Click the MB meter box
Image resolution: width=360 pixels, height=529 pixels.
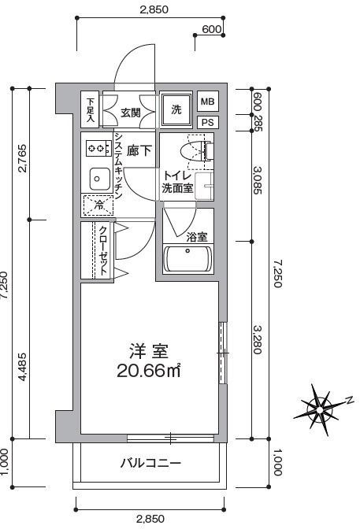[208, 102]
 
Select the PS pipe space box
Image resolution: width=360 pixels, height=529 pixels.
[208, 122]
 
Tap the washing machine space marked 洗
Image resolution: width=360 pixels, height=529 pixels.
[176, 109]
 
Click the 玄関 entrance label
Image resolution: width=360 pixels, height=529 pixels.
[131, 113]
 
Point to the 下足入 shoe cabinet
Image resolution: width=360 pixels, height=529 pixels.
[90, 109]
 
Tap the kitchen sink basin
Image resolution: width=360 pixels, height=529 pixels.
[99, 179]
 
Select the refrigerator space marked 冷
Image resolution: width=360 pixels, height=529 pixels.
[98, 205]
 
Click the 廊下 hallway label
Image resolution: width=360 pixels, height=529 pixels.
[139, 150]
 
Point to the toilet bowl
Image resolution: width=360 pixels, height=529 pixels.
[194, 151]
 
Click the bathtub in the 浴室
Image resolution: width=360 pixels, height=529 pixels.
[187, 259]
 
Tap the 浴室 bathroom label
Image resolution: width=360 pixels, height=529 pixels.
[197, 237]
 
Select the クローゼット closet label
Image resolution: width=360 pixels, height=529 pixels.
[103, 250]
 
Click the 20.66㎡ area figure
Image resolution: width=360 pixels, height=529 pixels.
[149, 371]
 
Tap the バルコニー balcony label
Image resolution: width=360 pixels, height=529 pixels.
[150, 463]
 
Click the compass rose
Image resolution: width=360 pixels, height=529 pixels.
[321, 409]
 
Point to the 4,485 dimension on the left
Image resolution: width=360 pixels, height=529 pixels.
[22, 367]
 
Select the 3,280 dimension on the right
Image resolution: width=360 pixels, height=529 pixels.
[258, 340]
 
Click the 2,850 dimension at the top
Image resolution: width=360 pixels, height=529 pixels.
[154, 9]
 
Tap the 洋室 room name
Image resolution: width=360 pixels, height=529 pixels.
[149, 351]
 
